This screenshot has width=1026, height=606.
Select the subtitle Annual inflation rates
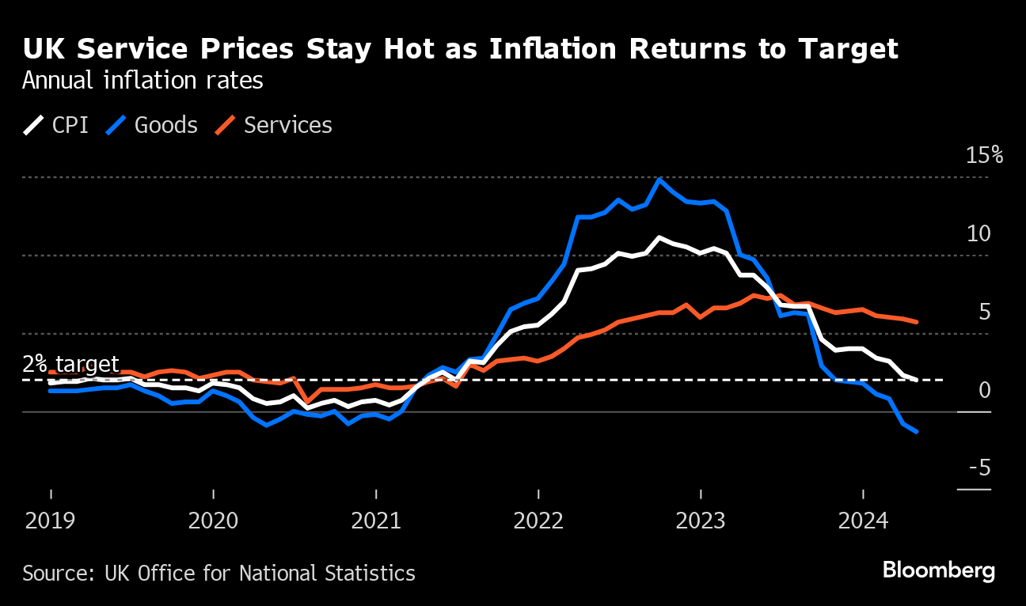[x=142, y=81]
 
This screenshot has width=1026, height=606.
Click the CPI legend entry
[x=58, y=125]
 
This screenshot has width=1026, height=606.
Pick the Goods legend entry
[x=153, y=125]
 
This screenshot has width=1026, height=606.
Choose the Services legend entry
[x=275, y=125]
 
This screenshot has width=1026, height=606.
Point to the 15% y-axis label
[x=984, y=155]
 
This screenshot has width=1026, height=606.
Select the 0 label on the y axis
[x=985, y=390]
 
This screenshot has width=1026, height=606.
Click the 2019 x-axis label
[x=51, y=522]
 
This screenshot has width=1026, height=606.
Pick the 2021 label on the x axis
[x=376, y=522]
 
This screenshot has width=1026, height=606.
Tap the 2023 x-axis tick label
[x=701, y=522]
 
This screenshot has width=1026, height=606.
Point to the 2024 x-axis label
[x=863, y=522]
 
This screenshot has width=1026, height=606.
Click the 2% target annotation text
[x=70, y=364]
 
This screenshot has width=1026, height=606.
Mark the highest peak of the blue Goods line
[x=659, y=180]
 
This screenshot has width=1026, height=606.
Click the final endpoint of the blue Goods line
[x=916, y=431]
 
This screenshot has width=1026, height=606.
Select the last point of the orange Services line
[x=916, y=322]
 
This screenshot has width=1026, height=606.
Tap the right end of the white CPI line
[x=916, y=380]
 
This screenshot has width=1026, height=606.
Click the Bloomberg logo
[x=939, y=570]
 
